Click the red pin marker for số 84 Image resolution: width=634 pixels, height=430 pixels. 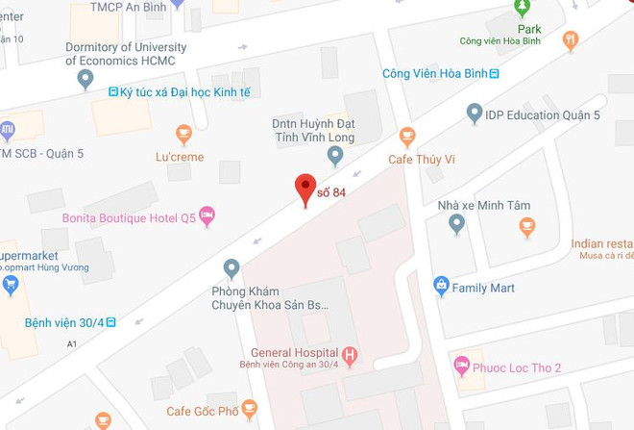coord(305,188)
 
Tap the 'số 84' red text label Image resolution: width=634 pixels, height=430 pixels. coord(331,192)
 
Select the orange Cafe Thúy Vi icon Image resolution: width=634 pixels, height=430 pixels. coord(407,135)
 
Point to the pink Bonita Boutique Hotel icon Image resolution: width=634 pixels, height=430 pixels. coord(207,215)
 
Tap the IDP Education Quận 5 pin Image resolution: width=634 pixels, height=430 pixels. coord(474,114)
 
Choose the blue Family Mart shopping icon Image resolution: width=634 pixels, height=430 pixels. coord(441,285)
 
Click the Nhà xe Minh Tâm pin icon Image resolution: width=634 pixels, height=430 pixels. coord(457,223)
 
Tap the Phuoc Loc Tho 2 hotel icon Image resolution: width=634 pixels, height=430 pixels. coord(463,366)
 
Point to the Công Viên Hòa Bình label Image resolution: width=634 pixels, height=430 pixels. coord(434,73)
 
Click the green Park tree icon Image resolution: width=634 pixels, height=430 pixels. coord(523,8)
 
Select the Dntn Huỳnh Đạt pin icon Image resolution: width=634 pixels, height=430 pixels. coord(335,154)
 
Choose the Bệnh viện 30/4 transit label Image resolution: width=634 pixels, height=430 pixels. coord(63,321)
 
